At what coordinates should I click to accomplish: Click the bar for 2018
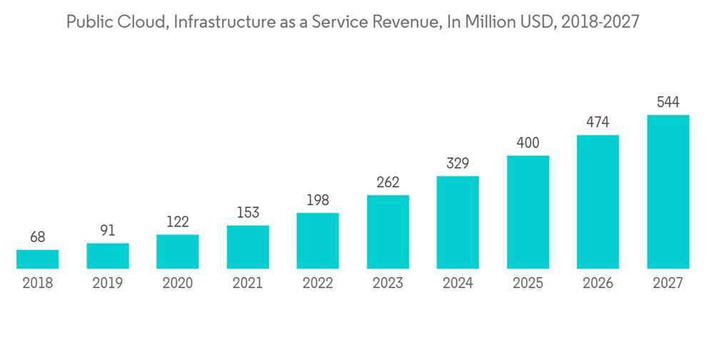[38, 259]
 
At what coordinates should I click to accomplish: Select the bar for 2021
[248, 247]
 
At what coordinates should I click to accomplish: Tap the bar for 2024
[458, 222]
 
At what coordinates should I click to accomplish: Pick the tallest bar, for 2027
[668, 191]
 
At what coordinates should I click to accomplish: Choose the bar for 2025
[528, 212]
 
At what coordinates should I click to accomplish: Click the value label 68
[38, 236]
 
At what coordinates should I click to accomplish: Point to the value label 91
[108, 230]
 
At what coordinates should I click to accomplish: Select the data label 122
[178, 221]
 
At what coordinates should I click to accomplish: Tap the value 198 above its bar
[318, 200]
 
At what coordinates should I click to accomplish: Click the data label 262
[388, 182]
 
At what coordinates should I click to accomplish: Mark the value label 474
[598, 122]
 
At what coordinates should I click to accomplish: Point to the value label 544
[668, 102]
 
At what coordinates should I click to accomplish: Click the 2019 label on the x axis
[108, 284]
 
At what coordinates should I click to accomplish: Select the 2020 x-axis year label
[178, 284]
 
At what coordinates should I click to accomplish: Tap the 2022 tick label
[318, 284]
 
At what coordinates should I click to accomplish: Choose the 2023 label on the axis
[388, 284]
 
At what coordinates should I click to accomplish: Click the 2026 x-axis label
[598, 284]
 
